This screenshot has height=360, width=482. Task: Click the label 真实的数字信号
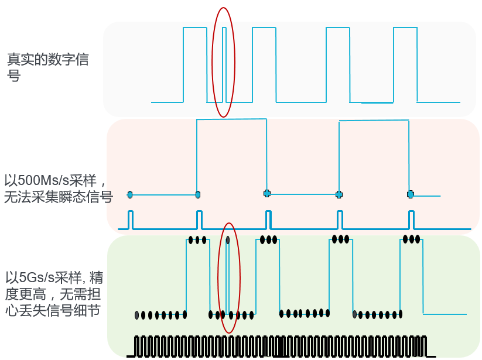coord(47,67)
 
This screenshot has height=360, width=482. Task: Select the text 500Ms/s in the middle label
coord(42,180)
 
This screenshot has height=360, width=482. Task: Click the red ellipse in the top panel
coord(224,63)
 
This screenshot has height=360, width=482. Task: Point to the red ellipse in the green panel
coord(229,278)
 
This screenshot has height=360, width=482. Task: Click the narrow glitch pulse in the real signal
coord(224,65)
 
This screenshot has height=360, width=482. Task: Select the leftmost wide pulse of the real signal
coord(195,65)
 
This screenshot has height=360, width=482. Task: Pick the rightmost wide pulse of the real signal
coord(405,65)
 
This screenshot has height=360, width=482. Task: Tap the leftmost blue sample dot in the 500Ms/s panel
coord(130,194)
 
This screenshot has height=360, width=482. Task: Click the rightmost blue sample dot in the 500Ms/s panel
coord(411,194)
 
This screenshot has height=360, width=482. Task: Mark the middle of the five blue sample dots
coord(267,193)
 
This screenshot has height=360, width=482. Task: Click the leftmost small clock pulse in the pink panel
coord(131,220)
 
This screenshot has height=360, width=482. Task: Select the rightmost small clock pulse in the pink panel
coord(411,220)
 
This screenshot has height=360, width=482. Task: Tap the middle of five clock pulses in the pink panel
coord(268,220)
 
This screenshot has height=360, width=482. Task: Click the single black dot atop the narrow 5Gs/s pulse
coord(228,240)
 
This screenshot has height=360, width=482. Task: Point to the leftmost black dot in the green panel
coord(137,315)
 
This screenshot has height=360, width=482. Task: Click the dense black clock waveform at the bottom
coord(281,347)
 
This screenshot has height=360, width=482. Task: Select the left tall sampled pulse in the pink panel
coord(231,157)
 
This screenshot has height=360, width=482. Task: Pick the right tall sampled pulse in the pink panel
coord(374,157)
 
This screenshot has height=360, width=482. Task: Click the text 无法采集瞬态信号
coord(59,197)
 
